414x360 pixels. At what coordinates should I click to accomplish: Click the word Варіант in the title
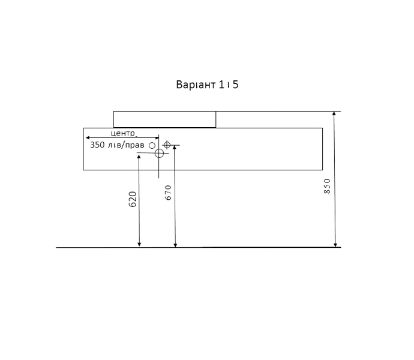pos(196,85)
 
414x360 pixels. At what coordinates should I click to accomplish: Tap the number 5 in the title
pos(236,85)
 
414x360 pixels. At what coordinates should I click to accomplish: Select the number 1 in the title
pos(221,85)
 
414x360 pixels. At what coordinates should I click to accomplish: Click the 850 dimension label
pos(327,186)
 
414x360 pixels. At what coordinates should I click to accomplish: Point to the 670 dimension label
pos(168,193)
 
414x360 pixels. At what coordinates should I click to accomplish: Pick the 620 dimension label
pos(133,199)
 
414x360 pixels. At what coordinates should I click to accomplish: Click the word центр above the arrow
pos(124,133)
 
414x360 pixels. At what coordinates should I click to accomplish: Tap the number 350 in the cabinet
pos(97,145)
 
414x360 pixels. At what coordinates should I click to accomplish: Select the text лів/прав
pos(126,145)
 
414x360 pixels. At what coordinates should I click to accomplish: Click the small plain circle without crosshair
pos(152,146)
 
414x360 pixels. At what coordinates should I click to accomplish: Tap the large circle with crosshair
pos(159,153)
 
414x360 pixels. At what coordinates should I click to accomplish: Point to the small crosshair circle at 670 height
pos(167,145)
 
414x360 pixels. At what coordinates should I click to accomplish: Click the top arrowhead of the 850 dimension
pos(334,113)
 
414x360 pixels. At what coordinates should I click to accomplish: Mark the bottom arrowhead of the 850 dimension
pos(335,245)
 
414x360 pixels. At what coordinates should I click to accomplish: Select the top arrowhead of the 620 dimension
pos(139,157)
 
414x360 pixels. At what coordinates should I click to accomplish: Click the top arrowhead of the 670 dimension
pos(175,148)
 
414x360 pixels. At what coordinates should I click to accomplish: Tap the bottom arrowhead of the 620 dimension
pos(139,245)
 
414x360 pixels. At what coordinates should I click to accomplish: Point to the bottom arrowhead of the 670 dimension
pos(175,245)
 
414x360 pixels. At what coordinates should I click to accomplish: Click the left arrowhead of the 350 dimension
pos(88,137)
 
